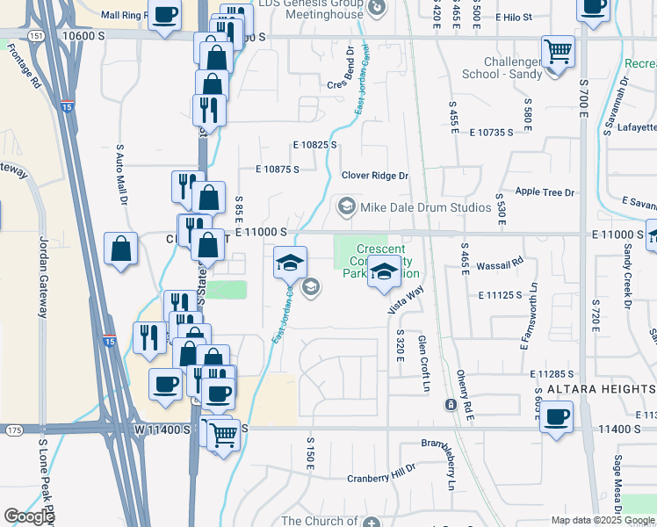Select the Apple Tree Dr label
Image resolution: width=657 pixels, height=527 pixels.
click(545, 192)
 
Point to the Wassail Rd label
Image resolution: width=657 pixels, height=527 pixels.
click(505, 261)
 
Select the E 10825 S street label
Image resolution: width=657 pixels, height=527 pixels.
click(315, 145)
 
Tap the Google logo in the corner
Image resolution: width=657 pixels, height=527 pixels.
click(29, 516)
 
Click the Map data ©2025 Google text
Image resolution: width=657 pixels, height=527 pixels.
click(603, 520)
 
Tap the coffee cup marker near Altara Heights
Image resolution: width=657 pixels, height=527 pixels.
click(557, 417)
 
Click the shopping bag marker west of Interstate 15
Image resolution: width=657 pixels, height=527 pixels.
click(120, 249)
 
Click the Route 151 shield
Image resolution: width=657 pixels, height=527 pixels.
click(32, 35)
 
